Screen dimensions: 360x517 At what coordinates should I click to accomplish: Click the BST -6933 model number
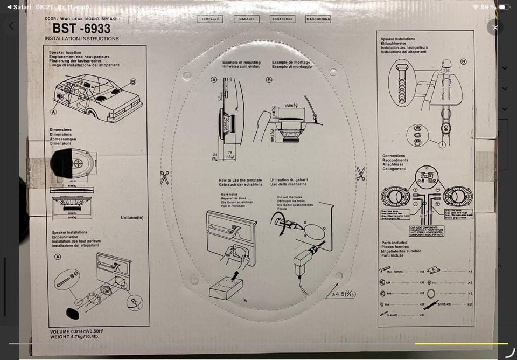[x=81, y=29]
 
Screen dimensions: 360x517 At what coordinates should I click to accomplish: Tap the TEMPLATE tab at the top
[x=211, y=19]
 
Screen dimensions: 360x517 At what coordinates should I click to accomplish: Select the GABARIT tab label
[x=246, y=19]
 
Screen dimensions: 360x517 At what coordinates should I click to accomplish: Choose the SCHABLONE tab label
[x=282, y=19]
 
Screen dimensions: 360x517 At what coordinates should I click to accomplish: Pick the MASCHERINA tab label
[x=318, y=19]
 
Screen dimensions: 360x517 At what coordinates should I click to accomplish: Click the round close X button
[x=495, y=27]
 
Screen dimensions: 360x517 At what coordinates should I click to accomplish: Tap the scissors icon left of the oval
[x=164, y=177]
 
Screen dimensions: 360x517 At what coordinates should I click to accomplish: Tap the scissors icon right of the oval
[x=361, y=174]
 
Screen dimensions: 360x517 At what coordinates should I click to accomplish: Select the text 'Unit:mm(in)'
[x=132, y=218]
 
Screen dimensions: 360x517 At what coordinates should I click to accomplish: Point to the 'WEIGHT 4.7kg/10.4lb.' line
[x=75, y=337]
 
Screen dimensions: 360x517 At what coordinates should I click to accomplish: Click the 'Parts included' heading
[x=395, y=243]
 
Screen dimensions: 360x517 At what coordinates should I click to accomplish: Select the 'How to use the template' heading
[x=240, y=180]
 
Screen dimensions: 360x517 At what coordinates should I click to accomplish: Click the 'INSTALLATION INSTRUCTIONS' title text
[x=82, y=39]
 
